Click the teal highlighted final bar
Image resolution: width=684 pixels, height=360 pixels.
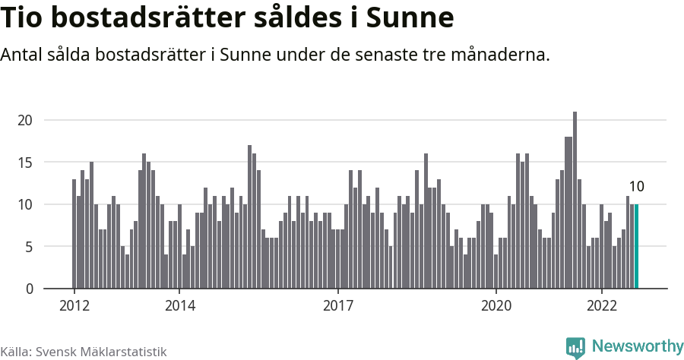tap(636, 247)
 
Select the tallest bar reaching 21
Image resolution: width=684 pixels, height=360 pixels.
tap(575, 201)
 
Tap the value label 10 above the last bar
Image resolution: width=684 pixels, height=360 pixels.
tap(636, 187)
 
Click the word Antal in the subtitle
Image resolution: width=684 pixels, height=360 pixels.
tap(23, 55)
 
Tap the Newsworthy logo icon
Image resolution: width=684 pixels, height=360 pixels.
tap(575, 348)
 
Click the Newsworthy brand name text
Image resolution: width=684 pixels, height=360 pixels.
tap(637, 346)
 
